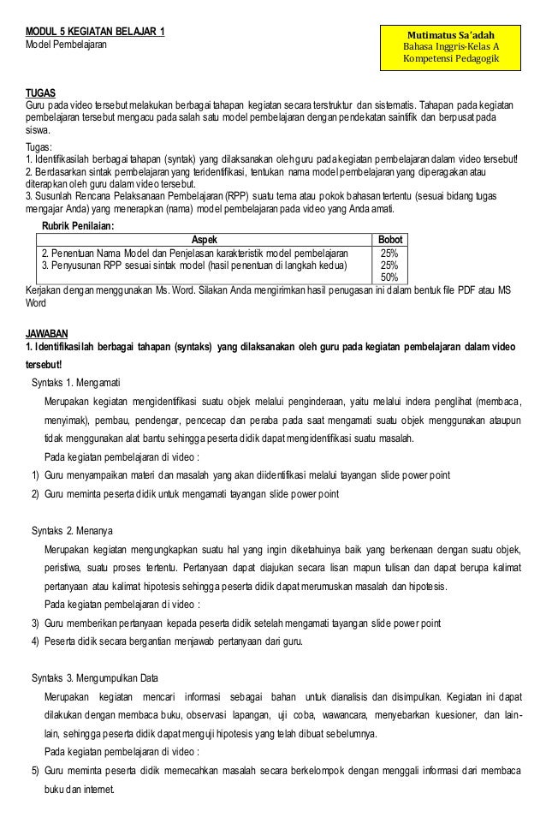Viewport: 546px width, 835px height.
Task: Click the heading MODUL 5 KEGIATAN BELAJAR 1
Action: [95, 32]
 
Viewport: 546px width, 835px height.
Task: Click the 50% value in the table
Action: [389, 277]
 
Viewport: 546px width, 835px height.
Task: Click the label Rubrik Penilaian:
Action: [77, 226]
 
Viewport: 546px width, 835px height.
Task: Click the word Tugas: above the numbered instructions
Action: [39, 147]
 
